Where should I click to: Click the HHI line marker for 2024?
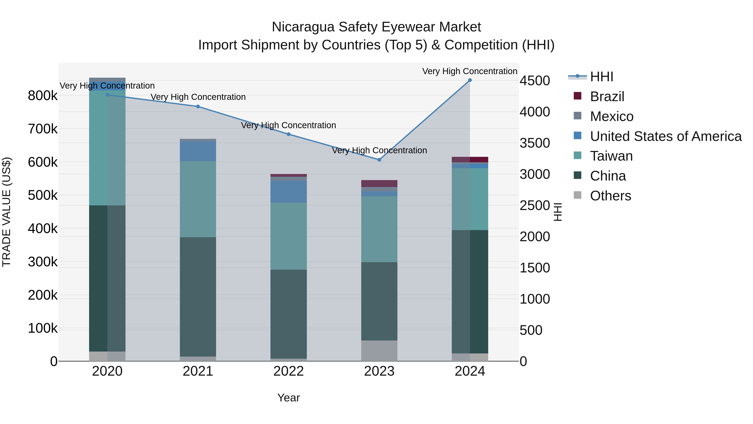470,80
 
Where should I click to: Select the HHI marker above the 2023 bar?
379,160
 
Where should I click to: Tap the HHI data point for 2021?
198,107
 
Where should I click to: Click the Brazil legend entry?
607,97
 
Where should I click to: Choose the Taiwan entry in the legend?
611,156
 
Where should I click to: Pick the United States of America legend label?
666,136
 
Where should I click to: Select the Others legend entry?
610,196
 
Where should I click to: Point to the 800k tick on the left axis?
43,96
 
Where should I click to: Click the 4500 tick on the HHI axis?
535,81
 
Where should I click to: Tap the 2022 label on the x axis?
288,371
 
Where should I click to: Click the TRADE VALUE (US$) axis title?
7,212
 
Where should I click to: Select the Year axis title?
288,398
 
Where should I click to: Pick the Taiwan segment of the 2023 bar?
379,229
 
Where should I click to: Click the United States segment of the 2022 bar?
288,192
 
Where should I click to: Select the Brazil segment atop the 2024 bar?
470,160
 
